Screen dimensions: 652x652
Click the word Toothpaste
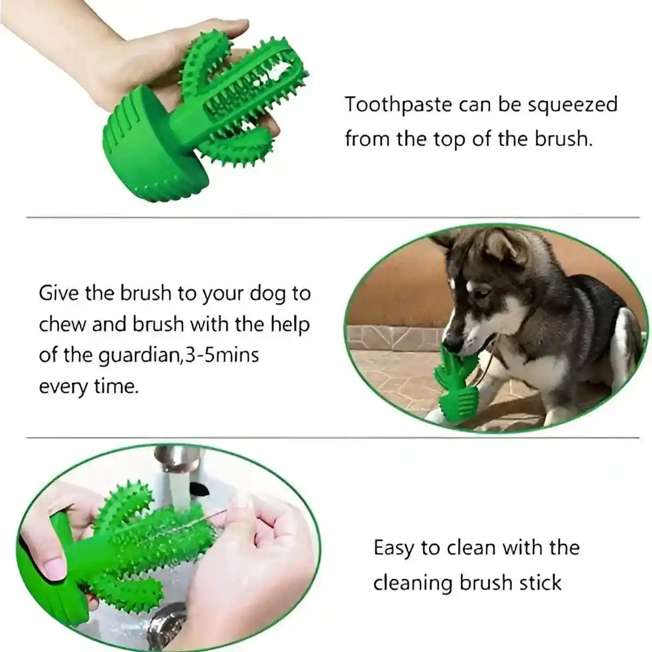point(399,104)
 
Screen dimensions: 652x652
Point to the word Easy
point(393,548)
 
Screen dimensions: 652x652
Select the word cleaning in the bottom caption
point(413,582)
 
